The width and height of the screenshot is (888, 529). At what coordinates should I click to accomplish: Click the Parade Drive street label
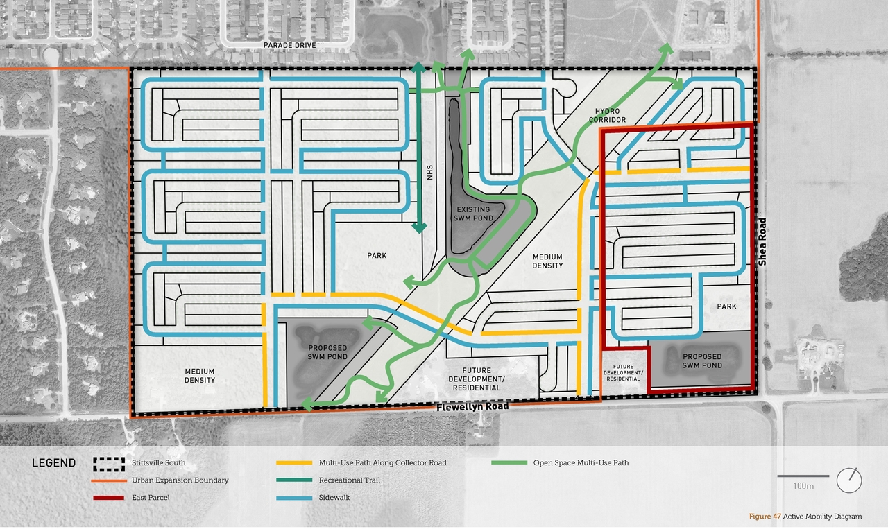(x=289, y=45)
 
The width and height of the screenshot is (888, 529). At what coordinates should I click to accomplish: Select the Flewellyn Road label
(x=472, y=406)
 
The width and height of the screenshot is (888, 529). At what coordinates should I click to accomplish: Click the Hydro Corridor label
(x=608, y=115)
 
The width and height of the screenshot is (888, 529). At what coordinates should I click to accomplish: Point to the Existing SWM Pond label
(x=472, y=214)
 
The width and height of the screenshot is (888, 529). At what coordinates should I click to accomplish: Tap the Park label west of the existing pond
(x=377, y=256)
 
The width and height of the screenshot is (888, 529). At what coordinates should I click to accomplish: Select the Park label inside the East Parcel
(x=726, y=306)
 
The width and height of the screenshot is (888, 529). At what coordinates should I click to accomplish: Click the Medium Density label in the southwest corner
(x=200, y=375)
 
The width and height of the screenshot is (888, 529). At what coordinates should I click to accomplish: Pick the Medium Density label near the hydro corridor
(x=547, y=261)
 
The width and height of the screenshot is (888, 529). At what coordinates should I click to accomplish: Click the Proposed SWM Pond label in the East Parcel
(x=702, y=361)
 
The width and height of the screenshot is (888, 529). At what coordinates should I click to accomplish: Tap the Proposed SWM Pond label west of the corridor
(x=327, y=352)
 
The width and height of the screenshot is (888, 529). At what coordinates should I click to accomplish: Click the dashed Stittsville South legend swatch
(x=109, y=462)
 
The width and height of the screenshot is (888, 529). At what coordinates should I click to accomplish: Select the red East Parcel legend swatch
(x=109, y=498)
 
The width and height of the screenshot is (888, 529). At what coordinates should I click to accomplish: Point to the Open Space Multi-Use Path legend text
(x=581, y=462)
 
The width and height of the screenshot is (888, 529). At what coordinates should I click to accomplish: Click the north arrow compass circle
(x=848, y=480)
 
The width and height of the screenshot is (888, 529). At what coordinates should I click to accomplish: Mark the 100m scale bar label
(x=803, y=486)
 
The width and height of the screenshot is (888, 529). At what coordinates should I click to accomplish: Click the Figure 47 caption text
(x=805, y=517)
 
